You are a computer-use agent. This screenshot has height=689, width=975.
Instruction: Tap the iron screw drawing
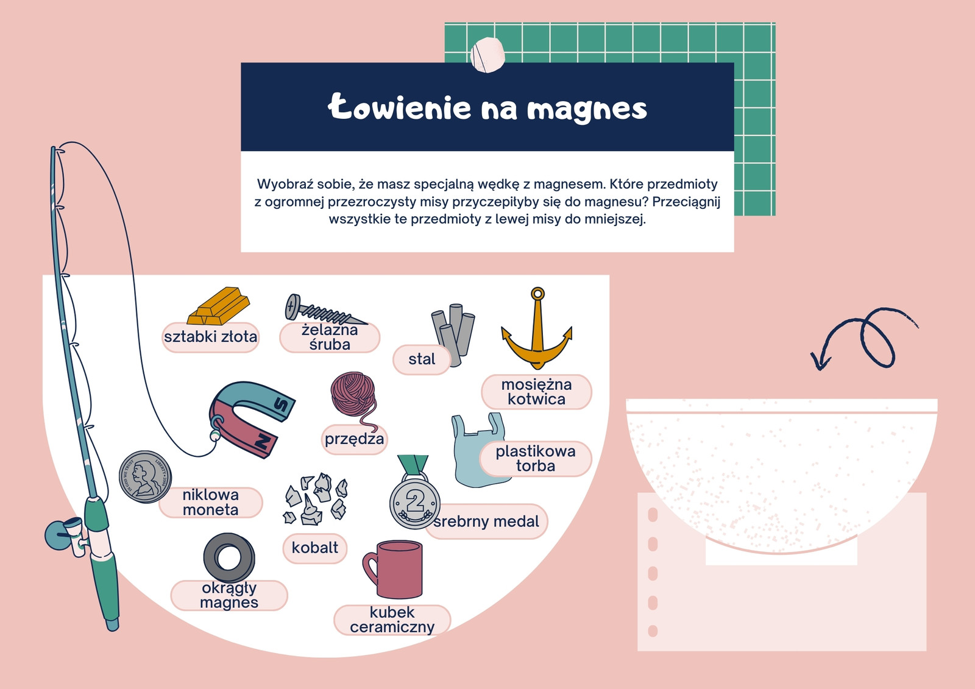324,310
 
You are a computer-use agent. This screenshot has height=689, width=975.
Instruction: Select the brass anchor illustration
537,328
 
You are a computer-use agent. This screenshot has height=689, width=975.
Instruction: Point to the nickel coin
146,476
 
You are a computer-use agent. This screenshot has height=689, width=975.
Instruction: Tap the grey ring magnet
229,558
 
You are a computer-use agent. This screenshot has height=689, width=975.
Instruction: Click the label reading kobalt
314,548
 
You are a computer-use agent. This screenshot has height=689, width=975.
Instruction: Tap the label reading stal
421,359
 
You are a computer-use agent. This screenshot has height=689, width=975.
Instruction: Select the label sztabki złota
210,337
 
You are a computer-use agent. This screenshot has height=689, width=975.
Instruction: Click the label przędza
354,439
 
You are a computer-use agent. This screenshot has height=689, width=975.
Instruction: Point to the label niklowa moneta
210,502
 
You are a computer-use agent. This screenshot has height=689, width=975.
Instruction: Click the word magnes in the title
587,110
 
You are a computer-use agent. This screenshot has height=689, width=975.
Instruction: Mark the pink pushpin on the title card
487,55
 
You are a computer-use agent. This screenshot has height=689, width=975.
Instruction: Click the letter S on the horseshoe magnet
281,405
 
